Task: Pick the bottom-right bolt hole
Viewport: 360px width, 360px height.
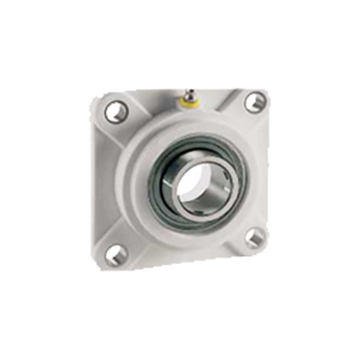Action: pyautogui.click(x=253, y=238)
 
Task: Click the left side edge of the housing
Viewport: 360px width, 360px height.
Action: pyautogui.click(x=99, y=180)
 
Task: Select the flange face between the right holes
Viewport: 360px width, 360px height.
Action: pyautogui.click(x=256, y=169)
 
